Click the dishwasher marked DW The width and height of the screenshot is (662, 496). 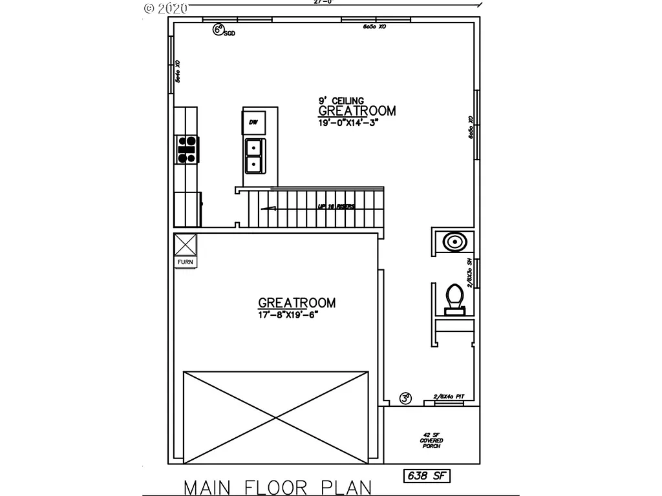[253, 122]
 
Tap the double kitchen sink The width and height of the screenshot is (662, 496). [253, 156]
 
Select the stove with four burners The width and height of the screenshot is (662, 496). [187, 149]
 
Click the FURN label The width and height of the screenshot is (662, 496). [186, 262]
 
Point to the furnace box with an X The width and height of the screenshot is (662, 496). [186, 245]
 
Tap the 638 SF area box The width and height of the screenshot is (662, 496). [426, 477]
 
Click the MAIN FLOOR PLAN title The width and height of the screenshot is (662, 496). [278, 486]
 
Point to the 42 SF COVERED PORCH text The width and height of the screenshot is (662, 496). [432, 440]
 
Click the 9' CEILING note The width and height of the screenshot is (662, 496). [341, 101]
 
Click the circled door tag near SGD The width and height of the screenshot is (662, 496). [219, 29]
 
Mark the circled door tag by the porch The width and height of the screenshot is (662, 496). [405, 398]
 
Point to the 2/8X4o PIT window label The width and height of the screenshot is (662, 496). [449, 397]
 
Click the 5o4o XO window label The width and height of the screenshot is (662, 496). [178, 71]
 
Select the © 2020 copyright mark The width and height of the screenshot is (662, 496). [165, 8]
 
